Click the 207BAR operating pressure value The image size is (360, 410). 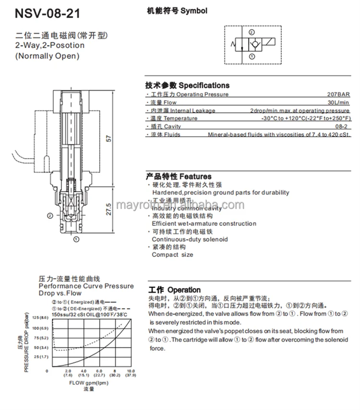(339, 94)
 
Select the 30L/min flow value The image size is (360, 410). (338, 103)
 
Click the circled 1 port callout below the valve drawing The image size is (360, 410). (75, 238)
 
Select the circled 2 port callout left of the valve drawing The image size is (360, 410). (50, 216)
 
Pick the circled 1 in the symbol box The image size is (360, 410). (252, 57)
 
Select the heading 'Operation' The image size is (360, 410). (184, 290)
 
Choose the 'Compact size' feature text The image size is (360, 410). (172, 255)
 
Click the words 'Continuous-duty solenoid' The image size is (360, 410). (190, 239)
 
